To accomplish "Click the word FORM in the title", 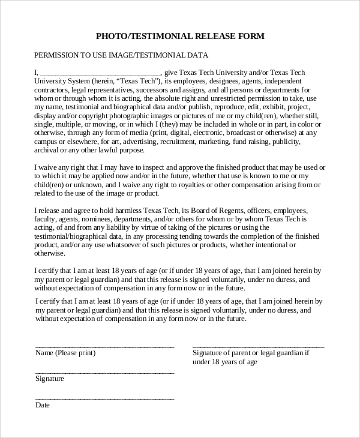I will click(251, 36).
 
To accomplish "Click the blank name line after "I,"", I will click(101, 74).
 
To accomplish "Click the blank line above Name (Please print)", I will click(105, 347).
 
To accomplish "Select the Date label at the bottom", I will click(42, 405).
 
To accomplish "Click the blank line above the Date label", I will click(105, 398).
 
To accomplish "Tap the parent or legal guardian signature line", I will click(258, 347).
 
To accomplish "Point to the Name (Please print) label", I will click(65, 353).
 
